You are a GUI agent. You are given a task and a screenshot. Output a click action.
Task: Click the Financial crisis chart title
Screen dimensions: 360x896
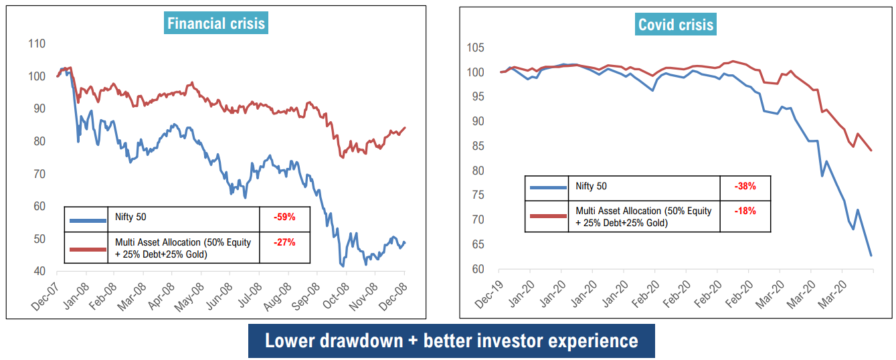point(216,24)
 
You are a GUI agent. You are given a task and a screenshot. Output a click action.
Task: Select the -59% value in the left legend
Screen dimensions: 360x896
point(284,217)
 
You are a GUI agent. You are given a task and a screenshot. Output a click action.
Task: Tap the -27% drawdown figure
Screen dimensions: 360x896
point(284,242)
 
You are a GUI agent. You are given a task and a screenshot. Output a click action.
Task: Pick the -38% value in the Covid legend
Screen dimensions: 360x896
point(745,186)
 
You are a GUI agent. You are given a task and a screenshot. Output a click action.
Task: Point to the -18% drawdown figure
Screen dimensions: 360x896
point(745,211)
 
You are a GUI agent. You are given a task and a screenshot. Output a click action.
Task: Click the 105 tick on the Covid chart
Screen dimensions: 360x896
point(476,48)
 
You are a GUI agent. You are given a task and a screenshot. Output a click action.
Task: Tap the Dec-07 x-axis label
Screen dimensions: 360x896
point(44,295)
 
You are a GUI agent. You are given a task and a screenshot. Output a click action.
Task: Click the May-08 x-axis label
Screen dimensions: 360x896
point(189,295)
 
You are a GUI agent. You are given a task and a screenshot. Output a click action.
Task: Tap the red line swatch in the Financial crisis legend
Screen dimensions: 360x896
point(88,249)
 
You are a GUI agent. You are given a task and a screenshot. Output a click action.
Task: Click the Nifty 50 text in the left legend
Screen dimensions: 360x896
point(131,217)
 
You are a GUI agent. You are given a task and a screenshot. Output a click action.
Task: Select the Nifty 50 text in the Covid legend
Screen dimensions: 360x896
point(592,186)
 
